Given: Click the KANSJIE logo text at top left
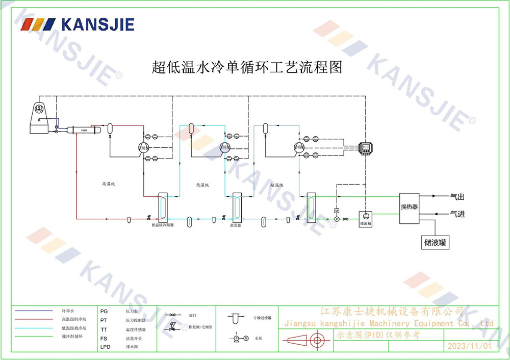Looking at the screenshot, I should point(97,24).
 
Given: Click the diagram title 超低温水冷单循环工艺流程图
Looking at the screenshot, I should point(247,67).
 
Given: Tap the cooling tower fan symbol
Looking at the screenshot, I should point(41,109).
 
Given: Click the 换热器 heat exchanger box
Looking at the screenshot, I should point(409,207).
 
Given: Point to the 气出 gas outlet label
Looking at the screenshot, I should point(457,196).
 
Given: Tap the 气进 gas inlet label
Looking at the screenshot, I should point(457,214).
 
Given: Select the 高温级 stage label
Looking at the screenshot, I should point(109,184).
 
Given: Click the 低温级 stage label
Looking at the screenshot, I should point(202,185).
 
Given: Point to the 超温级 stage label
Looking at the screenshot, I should point(277,185).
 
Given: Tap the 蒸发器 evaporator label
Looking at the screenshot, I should point(235,224).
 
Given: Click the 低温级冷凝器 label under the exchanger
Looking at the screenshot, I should point(163,224).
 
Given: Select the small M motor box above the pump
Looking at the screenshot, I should point(337,211).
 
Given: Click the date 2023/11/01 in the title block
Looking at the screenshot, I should point(469,346).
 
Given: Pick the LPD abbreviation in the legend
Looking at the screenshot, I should point(105,347).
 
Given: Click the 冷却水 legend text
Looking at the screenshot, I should point(68,311).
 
